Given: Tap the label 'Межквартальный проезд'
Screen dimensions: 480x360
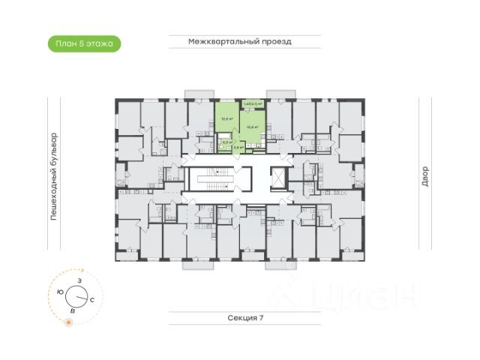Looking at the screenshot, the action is [239, 42].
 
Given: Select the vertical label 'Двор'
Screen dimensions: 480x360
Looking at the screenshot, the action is [425, 177].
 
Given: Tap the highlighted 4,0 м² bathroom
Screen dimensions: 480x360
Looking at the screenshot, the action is [223, 142].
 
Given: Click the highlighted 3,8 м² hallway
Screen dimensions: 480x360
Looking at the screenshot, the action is [238, 148].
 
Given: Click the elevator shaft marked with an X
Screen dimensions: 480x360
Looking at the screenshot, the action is [277, 179].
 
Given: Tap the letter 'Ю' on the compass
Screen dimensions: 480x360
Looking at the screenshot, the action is [60, 292].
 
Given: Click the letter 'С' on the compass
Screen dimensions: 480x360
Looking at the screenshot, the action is [91, 299].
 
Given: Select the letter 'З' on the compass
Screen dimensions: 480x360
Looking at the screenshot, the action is [79, 280].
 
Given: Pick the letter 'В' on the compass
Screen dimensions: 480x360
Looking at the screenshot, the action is [72, 310].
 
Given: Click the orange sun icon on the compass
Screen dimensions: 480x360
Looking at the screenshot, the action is [69, 322].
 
